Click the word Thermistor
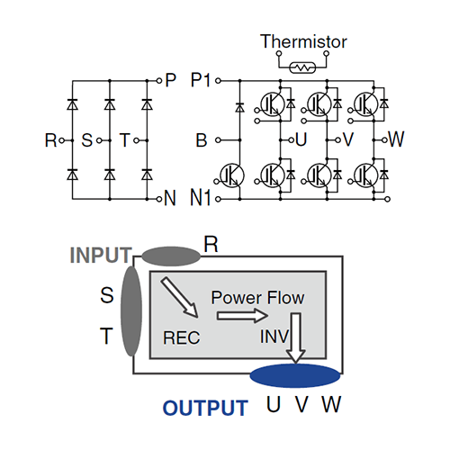303,41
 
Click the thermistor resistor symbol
302,67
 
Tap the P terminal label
170,80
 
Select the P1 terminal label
201,80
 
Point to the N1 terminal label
201,198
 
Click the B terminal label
202,140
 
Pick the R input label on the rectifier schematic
50,140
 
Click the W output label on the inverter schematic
396,139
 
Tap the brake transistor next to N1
232,175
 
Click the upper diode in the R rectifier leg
72,104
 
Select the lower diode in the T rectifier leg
147,175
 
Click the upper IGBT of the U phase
273,104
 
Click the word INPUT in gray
101,256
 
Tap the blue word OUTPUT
205,408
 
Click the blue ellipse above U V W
295,375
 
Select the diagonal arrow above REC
180,297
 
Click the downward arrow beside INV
296,338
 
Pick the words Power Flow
257,298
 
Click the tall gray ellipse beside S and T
131,310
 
